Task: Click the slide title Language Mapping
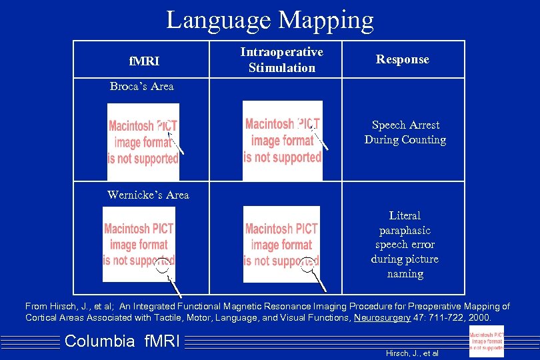click(269, 19)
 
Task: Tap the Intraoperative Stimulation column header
click(282, 60)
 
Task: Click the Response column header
click(402, 59)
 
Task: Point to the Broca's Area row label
click(141, 86)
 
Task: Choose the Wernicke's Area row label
click(148, 195)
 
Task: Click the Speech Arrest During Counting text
click(405, 132)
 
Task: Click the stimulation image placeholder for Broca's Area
click(282, 140)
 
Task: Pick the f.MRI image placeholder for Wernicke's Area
click(139, 244)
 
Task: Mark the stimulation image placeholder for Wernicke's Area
click(281, 244)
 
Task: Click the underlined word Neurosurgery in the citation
click(381, 317)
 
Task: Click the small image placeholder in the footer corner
click(486, 341)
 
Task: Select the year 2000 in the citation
click(478, 317)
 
